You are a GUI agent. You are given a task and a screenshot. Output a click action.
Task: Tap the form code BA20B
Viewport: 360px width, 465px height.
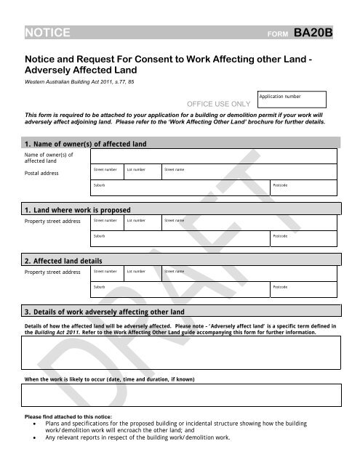click(313, 32)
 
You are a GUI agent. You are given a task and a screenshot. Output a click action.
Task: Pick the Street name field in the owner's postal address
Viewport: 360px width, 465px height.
click(248, 171)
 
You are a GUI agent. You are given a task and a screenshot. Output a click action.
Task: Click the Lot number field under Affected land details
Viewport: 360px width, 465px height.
click(142, 273)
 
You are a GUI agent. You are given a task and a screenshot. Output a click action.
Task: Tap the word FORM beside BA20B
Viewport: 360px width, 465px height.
click(279, 34)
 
